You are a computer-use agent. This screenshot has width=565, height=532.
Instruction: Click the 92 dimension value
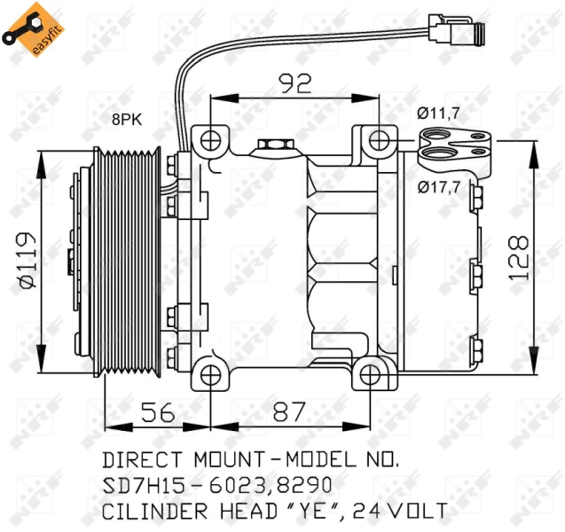point(295,83)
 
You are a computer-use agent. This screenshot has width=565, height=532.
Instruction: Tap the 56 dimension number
point(158,413)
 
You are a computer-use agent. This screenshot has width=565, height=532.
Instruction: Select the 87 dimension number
point(289,411)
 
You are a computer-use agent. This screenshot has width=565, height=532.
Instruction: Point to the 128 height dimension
point(519,257)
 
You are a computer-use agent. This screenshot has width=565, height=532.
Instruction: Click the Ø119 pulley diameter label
point(28,260)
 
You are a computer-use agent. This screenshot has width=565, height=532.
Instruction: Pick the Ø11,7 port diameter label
point(438,113)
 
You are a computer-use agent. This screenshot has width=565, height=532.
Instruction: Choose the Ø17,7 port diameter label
point(439,187)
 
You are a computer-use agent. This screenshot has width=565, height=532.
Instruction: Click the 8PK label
point(127,120)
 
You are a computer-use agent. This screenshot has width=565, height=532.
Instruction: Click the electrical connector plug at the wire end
point(456,29)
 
